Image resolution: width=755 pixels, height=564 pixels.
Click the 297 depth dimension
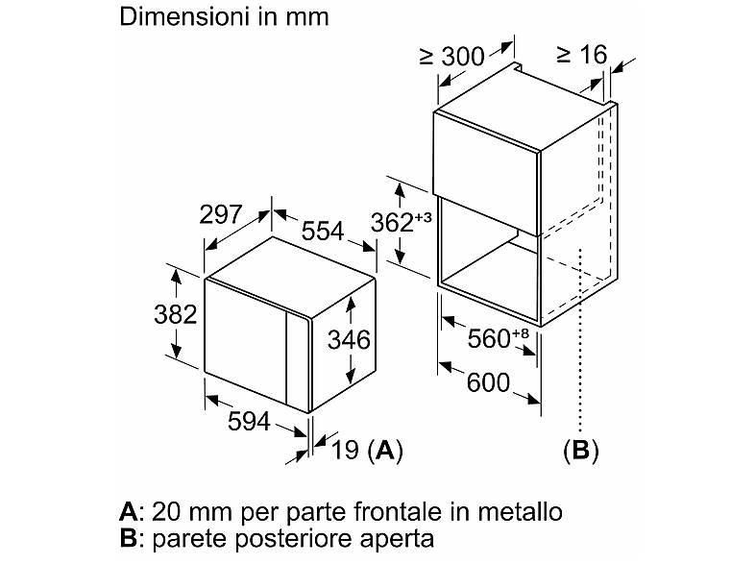pos(221,214)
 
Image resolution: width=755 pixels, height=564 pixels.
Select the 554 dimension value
pos(323,231)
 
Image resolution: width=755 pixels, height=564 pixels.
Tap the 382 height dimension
pos(175,314)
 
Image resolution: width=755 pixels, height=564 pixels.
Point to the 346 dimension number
pos(349,339)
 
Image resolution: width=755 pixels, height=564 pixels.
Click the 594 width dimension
pos(249,422)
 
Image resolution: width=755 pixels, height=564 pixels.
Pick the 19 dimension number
pos(345,450)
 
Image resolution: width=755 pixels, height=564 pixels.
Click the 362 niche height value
pos(392,223)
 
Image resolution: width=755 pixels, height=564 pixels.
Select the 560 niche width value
pos(489,338)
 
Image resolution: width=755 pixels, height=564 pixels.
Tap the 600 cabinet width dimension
pos(488,383)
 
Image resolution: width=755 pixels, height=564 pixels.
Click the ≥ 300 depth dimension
pos(452,57)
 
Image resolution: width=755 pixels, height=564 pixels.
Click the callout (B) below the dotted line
pos(581,451)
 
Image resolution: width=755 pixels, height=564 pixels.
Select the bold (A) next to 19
pos(385,451)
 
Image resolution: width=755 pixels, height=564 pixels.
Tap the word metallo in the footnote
pos(520,511)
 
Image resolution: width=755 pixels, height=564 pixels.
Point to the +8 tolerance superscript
pos(521,332)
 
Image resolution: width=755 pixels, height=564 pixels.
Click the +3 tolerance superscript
pos(423,217)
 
